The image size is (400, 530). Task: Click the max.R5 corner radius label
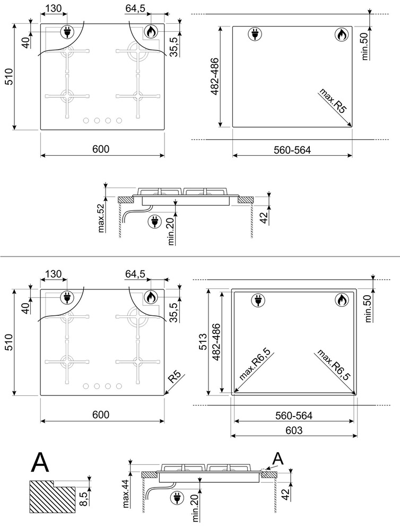click(333, 101)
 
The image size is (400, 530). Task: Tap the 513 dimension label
click(203, 341)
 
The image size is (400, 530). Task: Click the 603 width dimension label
click(294, 430)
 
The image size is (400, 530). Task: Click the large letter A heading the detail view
click(40, 463)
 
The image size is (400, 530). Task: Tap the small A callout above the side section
click(278, 458)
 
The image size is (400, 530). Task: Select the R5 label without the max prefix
click(175, 377)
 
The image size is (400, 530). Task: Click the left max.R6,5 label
click(255, 365)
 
